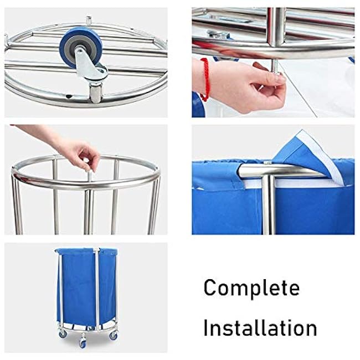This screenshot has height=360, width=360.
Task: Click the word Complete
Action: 251,288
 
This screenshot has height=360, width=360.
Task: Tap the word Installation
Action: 260,327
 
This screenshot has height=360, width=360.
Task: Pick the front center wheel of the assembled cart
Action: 83,342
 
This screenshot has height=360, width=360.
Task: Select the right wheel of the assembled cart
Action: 113,336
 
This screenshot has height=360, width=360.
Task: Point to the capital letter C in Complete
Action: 210,288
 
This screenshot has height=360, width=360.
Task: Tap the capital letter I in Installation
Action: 206,327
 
